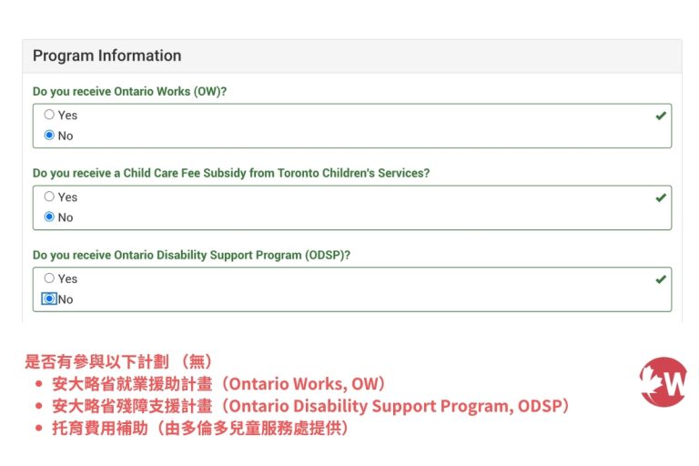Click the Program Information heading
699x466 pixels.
106,56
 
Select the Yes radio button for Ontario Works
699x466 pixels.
49,115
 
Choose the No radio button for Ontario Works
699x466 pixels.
49,136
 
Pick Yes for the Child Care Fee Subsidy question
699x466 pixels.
49,197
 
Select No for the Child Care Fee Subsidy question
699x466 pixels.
49,218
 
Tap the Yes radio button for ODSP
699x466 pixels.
49,279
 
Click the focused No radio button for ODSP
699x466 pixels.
49,299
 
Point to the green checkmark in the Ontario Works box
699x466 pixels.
661,116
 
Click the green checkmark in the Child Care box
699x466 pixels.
661,198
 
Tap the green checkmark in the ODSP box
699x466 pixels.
661,279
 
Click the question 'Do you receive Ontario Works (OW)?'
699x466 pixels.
129,91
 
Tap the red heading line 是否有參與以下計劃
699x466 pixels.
118,360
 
